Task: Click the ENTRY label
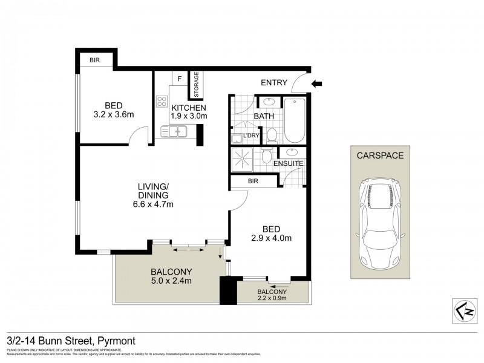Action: click(273, 83)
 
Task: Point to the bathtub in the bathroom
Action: click(296, 120)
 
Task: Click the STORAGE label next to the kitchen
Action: click(196, 85)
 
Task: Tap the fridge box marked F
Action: click(179, 78)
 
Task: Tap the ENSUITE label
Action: click(289, 164)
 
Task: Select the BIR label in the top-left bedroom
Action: click(95, 61)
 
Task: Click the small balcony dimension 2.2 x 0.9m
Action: click(272, 298)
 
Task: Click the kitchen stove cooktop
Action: click(162, 101)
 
